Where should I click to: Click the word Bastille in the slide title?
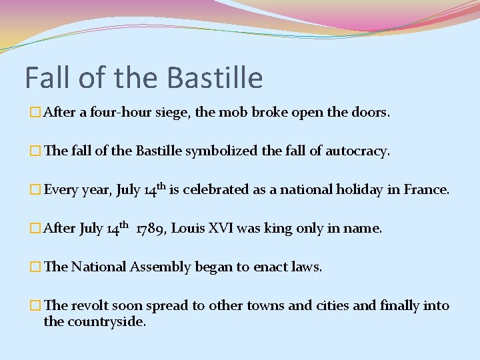[x=215, y=78]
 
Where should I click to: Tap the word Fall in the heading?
[x=50, y=78]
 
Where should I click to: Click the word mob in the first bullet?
[x=233, y=113]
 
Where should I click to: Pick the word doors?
[x=370, y=113]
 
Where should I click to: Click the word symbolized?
[x=217, y=151]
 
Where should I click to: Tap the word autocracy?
[x=357, y=151]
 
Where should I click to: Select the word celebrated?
[x=216, y=189]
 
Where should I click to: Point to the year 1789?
[x=151, y=229]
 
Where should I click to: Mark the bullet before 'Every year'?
[x=36, y=190]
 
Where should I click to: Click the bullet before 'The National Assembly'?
[x=36, y=267]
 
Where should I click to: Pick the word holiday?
[x=346, y=189]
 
